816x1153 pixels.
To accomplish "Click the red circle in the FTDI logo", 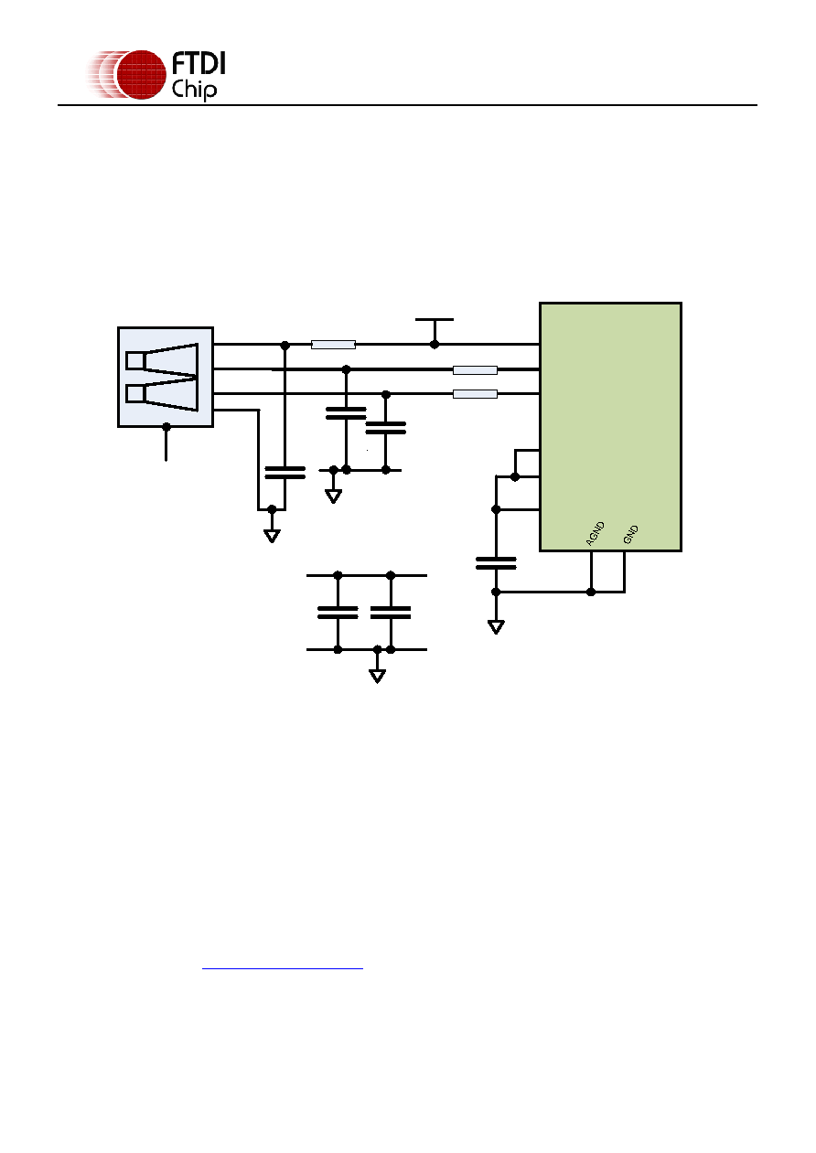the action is (x=141, y=75).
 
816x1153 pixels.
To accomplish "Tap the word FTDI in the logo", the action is (x=199, y=64).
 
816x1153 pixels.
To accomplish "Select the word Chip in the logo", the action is (x=194, y=89).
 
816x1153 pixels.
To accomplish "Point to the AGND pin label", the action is (x=596, y=533).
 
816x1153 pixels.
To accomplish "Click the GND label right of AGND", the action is (x=630, y=534).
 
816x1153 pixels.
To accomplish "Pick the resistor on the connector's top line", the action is (x=333, y=345).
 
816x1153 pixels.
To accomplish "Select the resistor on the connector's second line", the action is (x=475, y=369).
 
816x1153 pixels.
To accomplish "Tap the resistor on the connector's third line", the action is (x=475, y=394).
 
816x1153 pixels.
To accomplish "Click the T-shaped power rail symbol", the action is (x=435, y=329).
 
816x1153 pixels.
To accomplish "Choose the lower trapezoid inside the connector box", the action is (x=162, y=394).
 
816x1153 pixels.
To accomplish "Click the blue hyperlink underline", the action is (x=282, y=968).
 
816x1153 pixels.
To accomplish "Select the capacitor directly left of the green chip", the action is (x=496, y=563).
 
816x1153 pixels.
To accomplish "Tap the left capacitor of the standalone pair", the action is (x=338, y=612).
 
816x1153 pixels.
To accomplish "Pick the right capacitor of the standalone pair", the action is (x=391, y=612).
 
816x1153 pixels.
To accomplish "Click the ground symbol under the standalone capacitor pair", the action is (x=378, y=676).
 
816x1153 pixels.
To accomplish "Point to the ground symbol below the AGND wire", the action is (x=496, y=627).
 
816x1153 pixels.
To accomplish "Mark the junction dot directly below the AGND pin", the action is (x=591, y=592).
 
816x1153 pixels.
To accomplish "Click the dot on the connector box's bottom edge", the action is (x=166, y=427).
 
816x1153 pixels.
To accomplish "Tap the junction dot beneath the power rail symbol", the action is (x=435, y=345).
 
